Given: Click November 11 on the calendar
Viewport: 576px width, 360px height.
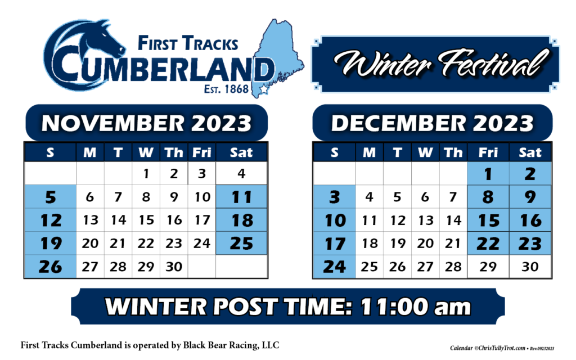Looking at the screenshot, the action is click(241, 197).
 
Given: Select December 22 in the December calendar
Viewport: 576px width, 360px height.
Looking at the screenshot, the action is click(488, 244).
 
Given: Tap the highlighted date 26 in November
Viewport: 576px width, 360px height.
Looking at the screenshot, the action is click(50, 267).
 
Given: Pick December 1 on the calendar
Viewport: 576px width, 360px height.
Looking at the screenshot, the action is click(488, 174).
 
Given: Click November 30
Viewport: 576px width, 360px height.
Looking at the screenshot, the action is click(174, 267).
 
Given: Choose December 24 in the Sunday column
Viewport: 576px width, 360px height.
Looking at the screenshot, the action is click(334, 267).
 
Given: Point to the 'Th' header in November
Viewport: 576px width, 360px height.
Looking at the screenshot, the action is click(174, 152).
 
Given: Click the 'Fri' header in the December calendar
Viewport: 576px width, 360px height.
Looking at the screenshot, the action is click(488, 152).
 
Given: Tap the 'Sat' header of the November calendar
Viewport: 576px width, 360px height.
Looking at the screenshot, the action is click(241, 152).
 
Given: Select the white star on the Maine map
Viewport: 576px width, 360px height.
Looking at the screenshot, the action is click(264, 89).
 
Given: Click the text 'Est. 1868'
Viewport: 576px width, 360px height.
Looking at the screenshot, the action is click(226, 88).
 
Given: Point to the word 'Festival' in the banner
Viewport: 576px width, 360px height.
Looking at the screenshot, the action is click(494, 63).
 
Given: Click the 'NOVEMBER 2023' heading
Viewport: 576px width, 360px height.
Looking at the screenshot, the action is click(147, 123).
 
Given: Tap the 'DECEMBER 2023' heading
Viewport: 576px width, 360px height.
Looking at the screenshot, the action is click(433, 123).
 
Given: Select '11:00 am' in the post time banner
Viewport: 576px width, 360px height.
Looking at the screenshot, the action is click(416, 307).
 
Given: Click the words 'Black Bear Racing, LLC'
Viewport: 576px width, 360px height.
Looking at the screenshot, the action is click(231, 345).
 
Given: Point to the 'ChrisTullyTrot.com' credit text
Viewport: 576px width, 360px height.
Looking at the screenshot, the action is click(502, 348).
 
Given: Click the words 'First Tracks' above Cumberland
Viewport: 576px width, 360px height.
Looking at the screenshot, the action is click(188, 43).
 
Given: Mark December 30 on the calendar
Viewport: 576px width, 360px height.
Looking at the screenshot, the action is click(530, 267).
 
